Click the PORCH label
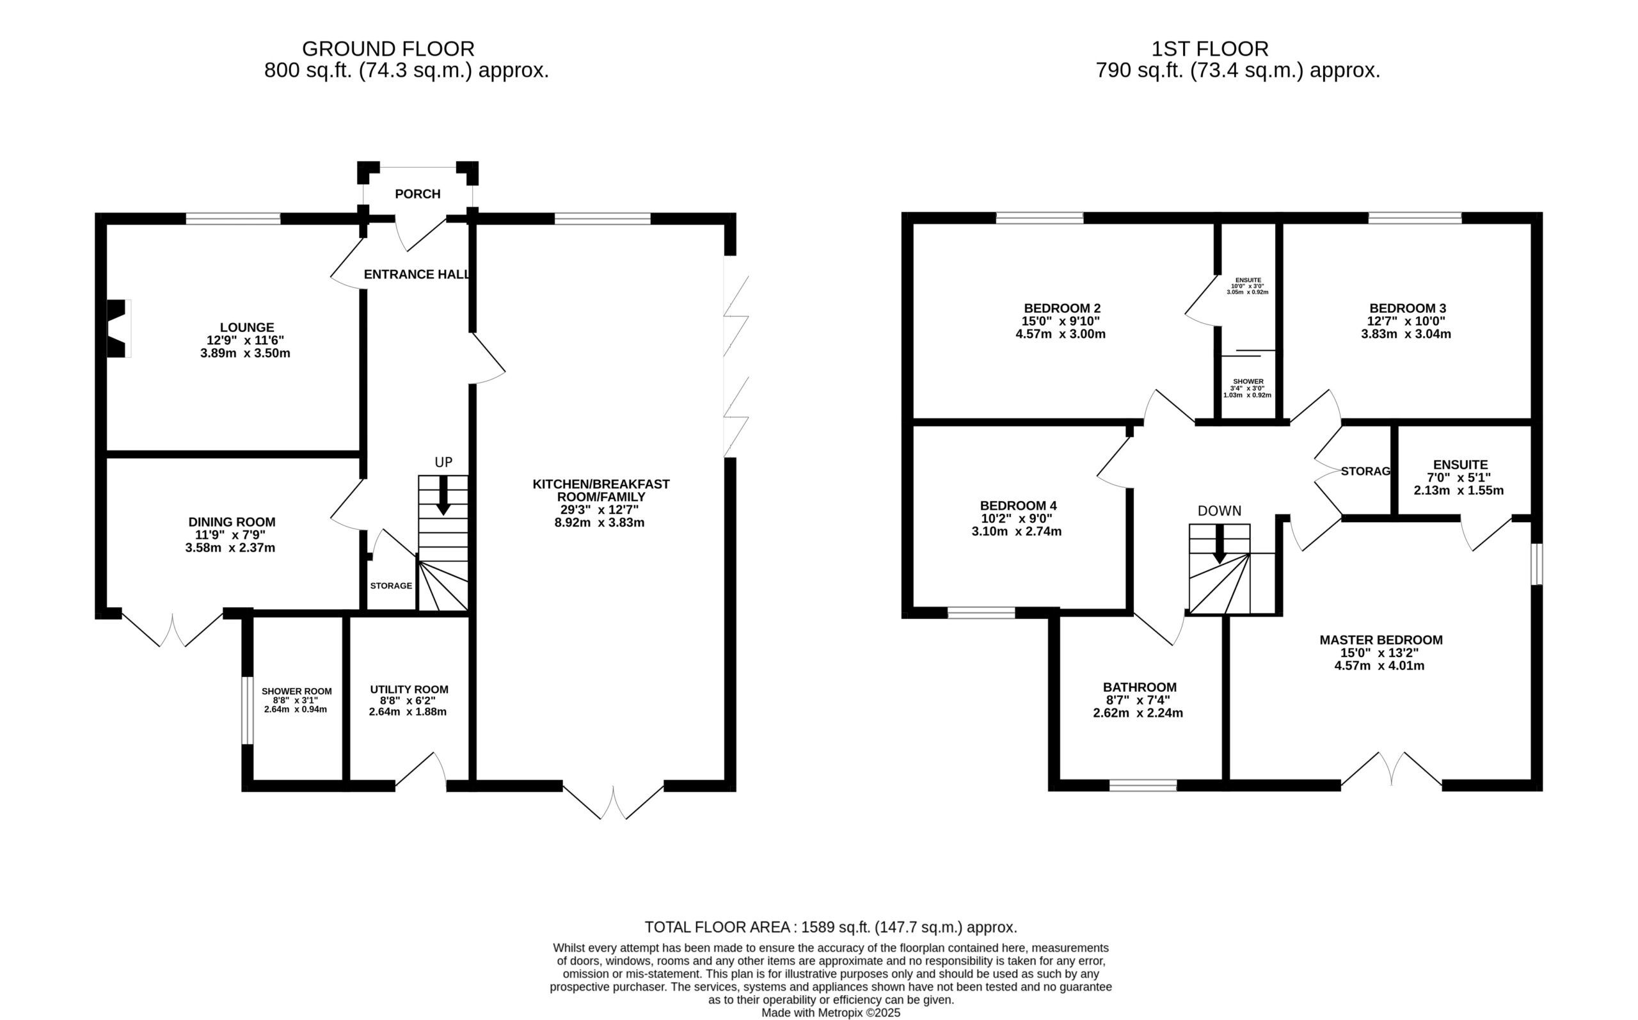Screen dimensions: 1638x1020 (417, 195)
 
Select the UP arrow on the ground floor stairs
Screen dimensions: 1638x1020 (443, 497)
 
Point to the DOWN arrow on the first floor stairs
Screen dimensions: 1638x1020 (1220, 544)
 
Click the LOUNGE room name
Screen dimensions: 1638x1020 (247, 328)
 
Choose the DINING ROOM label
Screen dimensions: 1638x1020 (232, 522)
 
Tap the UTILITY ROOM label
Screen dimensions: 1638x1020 (409, 689)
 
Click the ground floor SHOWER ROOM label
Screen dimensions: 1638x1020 (297, 692)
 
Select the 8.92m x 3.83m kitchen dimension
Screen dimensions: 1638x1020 (600, 523)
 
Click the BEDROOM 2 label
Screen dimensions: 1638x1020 (1062, 309)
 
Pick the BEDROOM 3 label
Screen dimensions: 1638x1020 (1407, 309)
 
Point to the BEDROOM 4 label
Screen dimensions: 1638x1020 (1018, 506)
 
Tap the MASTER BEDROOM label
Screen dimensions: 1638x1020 (1381, 640)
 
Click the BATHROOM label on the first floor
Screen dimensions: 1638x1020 (1140, 687)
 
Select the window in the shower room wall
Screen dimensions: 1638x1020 (248, 710)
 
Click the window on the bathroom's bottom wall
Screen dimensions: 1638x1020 (1143, 785)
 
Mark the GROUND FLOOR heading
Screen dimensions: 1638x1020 (388, 49)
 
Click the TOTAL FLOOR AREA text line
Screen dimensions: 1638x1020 (831, 928)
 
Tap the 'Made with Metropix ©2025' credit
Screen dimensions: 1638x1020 (831, 1013)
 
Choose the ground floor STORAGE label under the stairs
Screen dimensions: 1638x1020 (391, 586)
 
